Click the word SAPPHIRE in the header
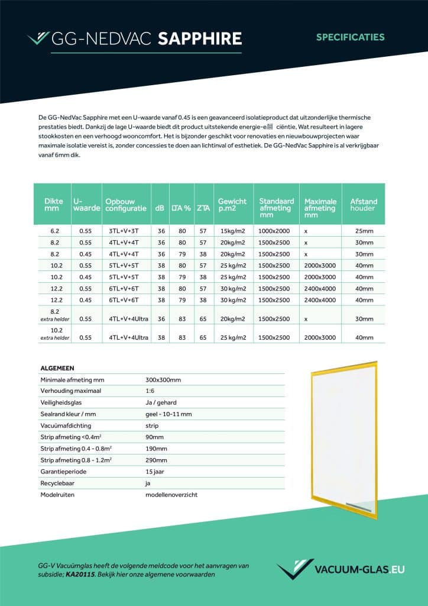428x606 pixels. pyautogui.click(x=199, y=39)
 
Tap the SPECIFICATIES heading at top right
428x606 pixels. pyautogui.click(x=350, y=37)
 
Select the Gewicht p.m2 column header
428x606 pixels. pyautogui.click(x=232, y=205)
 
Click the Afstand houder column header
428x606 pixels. pyautogui.click(x=364, y=205)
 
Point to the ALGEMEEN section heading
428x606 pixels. pyautogui.click(x=57, y=368)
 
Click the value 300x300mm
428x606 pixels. pyautogui.click(x=163, y=379)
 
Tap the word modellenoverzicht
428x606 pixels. pyautogui.click(x=171, y=494)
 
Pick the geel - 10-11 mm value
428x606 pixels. pyautogui.click(x=168, y=414)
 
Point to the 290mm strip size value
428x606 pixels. pyautogui.click(x=156, y=460)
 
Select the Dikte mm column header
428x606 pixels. pyautogui.click(x=54, y=205)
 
